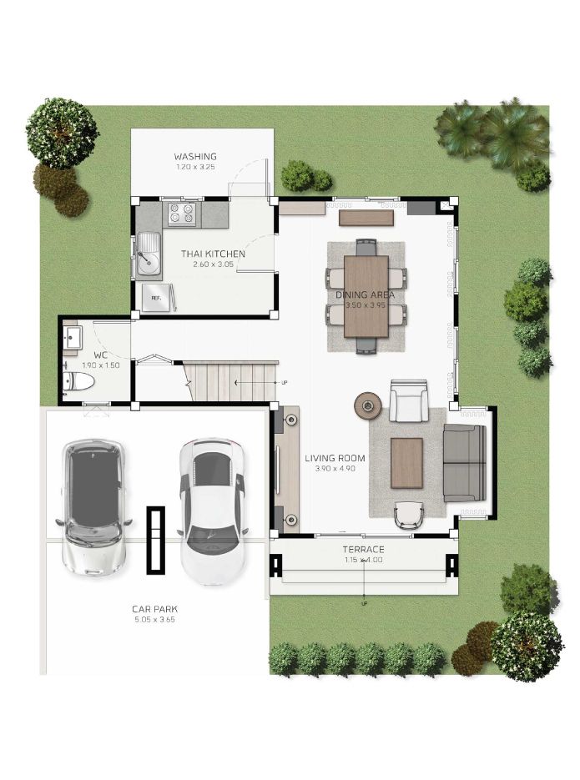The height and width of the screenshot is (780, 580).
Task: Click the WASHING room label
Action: click(x=195, y=157)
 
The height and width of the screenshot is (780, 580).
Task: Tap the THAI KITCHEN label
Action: click(x=213, y=254)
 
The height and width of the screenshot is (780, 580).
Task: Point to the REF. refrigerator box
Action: click(x=156, y=298)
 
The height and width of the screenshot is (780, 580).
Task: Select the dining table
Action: click(x=366, y=296)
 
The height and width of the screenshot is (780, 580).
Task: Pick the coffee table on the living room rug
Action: click(x=406, y=463)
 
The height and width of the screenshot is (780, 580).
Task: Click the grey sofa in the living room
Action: click(x=465, y=463)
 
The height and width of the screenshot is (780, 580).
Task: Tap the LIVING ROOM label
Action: click(x=335, y=458)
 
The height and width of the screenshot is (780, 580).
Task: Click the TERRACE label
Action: click(x=363, y=550)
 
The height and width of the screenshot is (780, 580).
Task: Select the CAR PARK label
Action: click(x=154, y=609)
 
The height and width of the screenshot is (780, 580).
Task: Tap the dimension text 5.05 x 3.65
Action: click(x=154, y=620)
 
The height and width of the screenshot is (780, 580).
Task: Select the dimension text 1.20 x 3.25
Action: click(x=195, y=167)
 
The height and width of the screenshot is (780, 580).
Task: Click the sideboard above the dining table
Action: click(x=366, y=218)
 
